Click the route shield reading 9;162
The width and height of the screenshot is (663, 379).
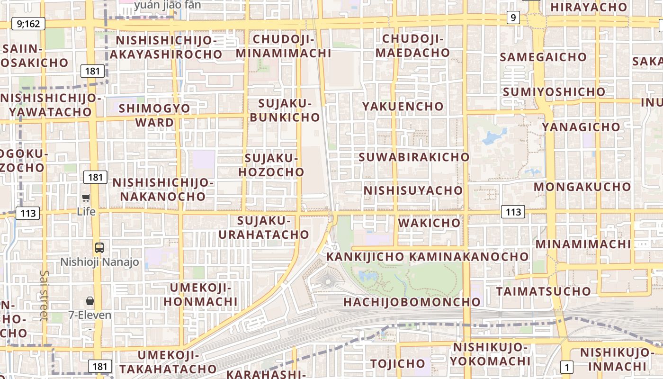[x=28, y=23]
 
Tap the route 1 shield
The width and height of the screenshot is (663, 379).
[x=566, y=366]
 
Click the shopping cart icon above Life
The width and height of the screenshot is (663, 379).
[x=86, y=198]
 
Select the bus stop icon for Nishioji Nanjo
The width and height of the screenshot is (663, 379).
[x=99, y=247]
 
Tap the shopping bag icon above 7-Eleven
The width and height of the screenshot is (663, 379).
[x=90, y=301]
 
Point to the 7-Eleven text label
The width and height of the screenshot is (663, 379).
[x=90, y=315]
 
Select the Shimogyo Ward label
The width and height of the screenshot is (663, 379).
[x=154, y=115]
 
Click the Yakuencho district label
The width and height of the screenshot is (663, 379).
[x=403, y=106]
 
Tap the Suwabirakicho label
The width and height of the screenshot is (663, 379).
[x=414, y=157]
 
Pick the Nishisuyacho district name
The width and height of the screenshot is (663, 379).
[x=413, y=190]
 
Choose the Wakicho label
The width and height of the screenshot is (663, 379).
[x=430, y=223]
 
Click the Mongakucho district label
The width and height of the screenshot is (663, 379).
[x=582, y=187]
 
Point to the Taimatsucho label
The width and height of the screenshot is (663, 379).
[x=543, y=291]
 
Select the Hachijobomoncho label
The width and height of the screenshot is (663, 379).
[x=412, y=302]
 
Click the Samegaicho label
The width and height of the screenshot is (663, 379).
[x=543, y=57]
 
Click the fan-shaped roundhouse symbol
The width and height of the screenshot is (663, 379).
[x=327, y=280]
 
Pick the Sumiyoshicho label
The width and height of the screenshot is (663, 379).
[x=554, y=91]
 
